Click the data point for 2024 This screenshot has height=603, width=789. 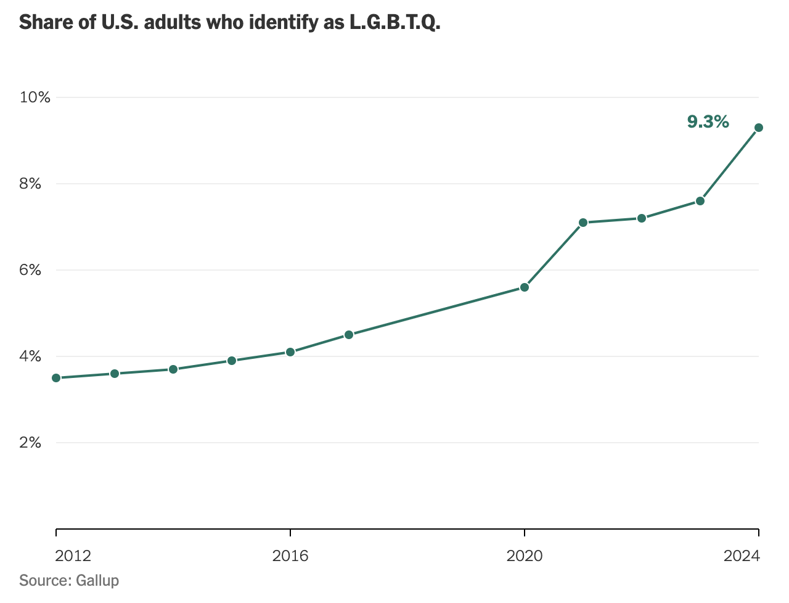759,128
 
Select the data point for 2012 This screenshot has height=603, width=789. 56,378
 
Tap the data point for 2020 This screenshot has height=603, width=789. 525,287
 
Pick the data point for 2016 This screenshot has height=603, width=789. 290,352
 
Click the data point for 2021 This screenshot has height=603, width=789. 583,223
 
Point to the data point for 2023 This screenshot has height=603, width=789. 700,201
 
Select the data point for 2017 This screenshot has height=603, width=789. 349,335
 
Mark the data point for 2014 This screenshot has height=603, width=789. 173,369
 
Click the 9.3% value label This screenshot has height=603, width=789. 708,122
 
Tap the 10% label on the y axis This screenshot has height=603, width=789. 35,97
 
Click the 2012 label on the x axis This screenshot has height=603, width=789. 73,556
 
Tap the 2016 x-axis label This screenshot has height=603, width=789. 290,556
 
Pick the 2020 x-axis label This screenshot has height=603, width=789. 525,556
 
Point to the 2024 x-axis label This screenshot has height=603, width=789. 742,556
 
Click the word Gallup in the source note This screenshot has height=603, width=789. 97,581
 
